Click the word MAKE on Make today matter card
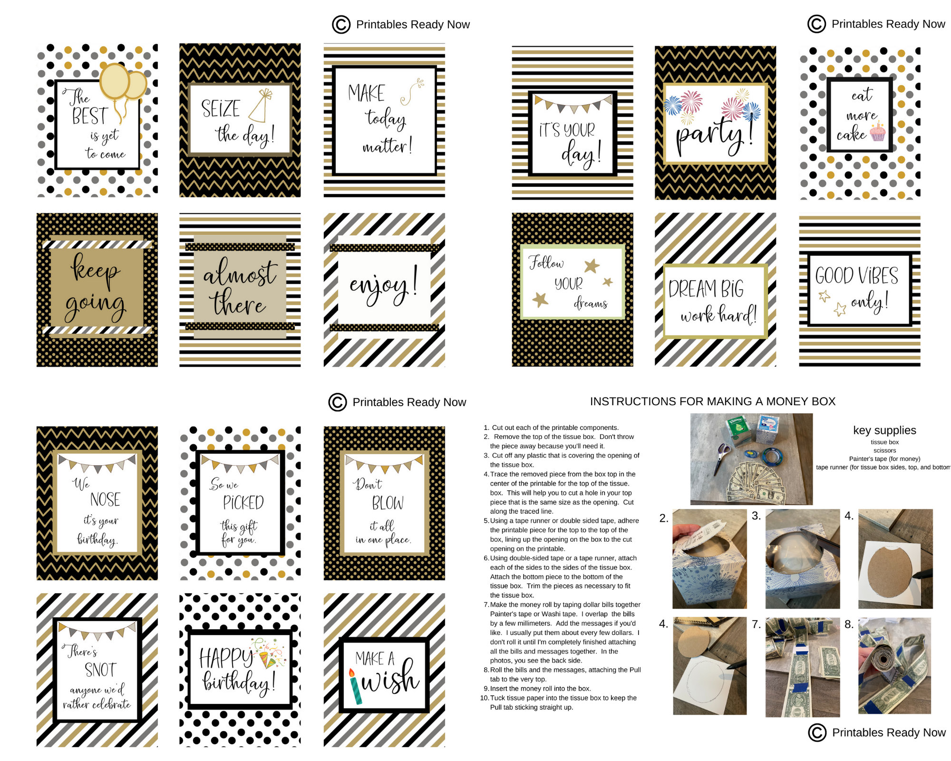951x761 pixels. pyautogui.click(x=366, y=93)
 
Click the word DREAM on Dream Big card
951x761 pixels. pyautogui.click(x=692, y=289)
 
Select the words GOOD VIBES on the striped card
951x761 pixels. pyautogui.click(x=856, y=276)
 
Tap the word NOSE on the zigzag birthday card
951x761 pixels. pyautogui.click(x=105, y=499)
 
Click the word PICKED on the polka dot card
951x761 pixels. pyautogui.click(x=243, y=503)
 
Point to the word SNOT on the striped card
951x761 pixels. pyautogui.click(x=100, y=670)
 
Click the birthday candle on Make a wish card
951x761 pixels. pyautogui.click(x=354, y=687)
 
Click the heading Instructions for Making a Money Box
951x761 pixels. pyautogui.click(x=712, y=401)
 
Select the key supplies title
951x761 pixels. pyautogui.click(x=884, y=430)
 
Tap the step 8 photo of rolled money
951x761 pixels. pyautogui.click(x=894, y=666)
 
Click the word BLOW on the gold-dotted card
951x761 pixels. pyautogui.click(x=388, y=503)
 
